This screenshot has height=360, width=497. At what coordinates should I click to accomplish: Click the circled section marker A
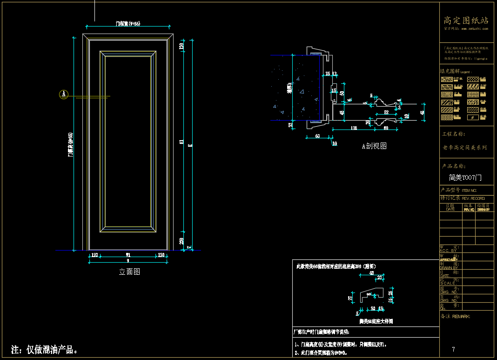click(64, 95)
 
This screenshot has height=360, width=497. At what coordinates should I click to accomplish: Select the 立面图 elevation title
click(129, 272)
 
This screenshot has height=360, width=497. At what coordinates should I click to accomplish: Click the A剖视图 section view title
click(374, 146)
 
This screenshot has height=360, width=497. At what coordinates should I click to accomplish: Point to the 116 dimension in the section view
click(354, 128)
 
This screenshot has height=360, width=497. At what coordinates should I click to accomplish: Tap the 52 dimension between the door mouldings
click(386, 112)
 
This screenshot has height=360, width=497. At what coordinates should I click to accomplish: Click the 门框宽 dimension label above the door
click(128, 23)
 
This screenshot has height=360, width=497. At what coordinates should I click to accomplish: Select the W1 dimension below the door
click(128, 255)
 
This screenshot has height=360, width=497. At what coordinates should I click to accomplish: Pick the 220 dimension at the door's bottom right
click(181, 241)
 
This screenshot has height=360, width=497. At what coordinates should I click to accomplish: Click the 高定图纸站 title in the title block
click(466, 20)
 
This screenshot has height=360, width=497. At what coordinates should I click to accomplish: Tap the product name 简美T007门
click(465, 178)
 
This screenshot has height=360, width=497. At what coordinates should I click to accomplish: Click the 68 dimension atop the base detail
click(371, 273)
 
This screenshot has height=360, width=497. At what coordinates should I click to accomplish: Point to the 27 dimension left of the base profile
click(350, 297)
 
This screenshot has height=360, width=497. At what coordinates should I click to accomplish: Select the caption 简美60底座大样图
click(376, 321)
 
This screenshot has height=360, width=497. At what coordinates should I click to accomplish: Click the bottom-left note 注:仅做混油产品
click(44, 350)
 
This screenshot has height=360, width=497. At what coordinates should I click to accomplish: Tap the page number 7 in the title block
click(453, 349)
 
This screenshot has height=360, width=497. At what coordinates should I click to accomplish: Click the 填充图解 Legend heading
click(456, 72)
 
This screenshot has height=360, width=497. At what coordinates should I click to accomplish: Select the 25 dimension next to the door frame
click(328, 74)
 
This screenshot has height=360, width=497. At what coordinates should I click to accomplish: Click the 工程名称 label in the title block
click(453, 134)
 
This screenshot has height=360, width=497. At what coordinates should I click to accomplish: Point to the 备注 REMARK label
click(455, 317)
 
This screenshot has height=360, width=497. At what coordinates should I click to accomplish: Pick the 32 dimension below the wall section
click(290, 125)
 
